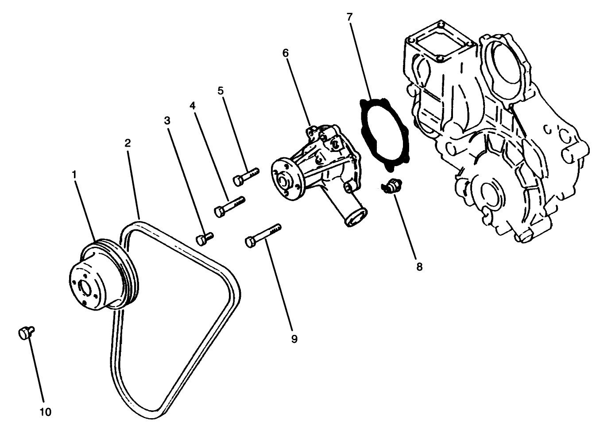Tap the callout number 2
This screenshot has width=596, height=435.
pos(128,143)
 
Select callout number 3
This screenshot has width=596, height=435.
pos(167,120)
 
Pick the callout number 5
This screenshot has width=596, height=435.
pos(221,91)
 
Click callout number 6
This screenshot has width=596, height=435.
pos(285,53)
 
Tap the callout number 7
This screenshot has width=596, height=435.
pos(349,17)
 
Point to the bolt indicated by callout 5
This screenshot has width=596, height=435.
pos(245,176)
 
